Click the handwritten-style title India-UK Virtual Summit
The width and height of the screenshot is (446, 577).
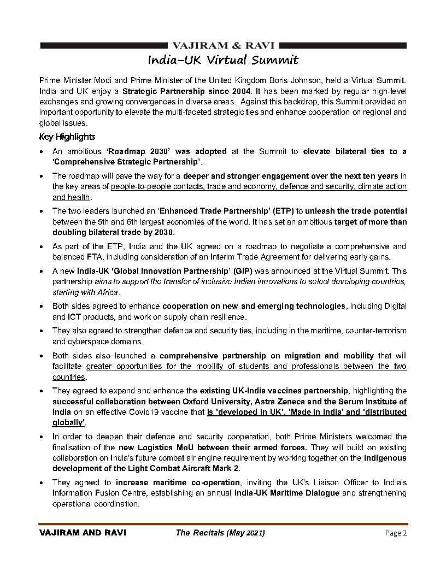[x=224, y=59]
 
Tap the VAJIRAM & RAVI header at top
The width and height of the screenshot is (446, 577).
[x=224, y=45]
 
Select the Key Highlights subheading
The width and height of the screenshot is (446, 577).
[x=67, y=137]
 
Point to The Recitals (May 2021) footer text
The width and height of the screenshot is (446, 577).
[x=220, y=533]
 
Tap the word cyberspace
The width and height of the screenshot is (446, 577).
[x=75, y=342]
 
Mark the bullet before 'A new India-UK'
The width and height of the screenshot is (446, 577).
[x=43, y=272]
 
